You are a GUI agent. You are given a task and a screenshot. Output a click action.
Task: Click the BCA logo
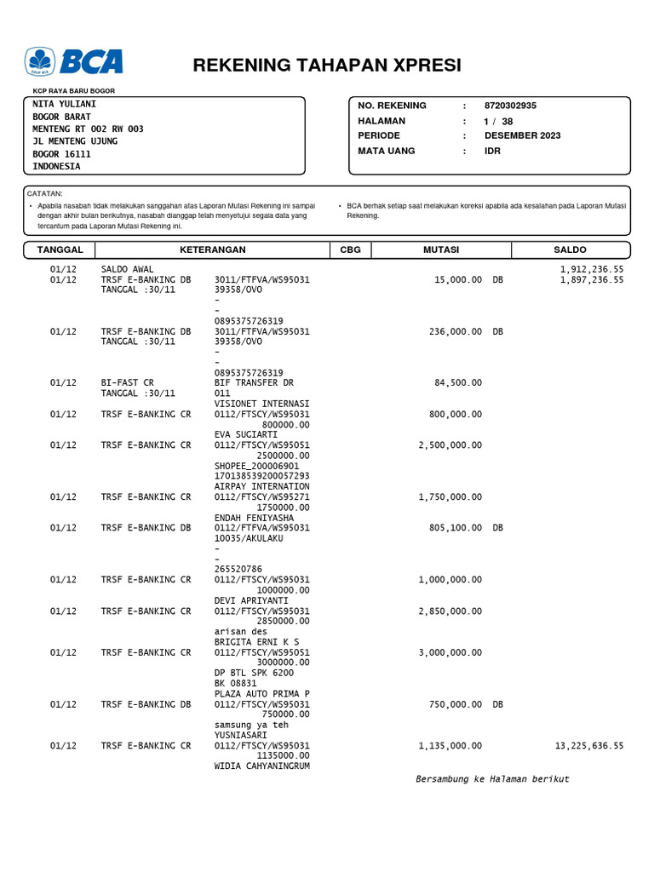tap(74, 62)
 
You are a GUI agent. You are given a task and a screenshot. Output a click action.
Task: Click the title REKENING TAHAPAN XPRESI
tap(327, 66)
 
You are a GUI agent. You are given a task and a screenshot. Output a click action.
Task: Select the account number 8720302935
tap(511, 106)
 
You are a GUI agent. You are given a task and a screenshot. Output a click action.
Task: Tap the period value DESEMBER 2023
tap(523, 135)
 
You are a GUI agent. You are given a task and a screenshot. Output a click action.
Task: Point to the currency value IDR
tap(492, 151)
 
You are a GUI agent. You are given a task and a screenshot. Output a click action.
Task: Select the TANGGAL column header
tap(60, 250)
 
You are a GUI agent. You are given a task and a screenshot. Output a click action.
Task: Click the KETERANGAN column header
tap(212, 250)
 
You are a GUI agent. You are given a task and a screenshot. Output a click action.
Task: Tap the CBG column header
tap(350, 250)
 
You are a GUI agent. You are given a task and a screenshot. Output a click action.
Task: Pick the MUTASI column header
tap(441, 250)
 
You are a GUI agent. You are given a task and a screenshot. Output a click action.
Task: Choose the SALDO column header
tap(570, 250)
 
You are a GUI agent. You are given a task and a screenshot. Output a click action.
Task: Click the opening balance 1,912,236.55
tap(591, 268)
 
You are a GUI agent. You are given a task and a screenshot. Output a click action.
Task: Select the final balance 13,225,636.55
tap(588, 745)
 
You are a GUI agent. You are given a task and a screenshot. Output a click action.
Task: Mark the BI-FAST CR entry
tap(128, 383)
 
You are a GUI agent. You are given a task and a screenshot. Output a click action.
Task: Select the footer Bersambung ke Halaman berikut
tap(492, 779)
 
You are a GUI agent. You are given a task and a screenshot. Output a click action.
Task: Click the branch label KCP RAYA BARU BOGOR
tap(74, 90)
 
